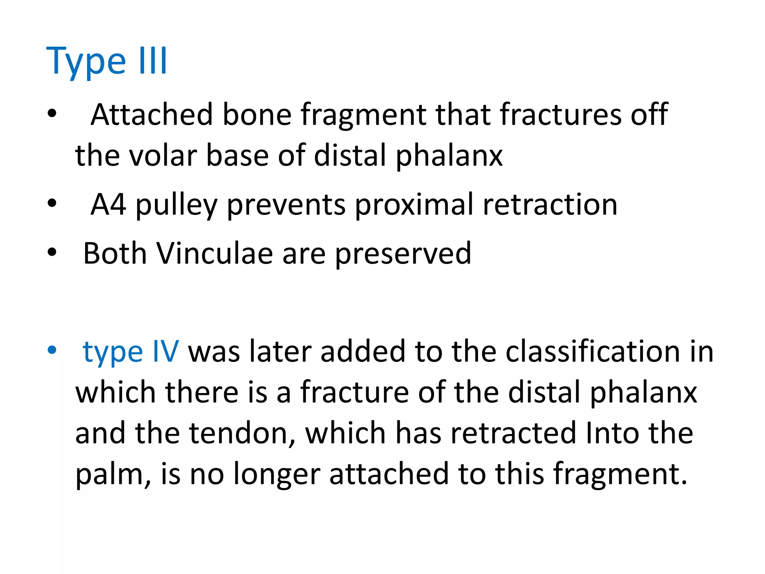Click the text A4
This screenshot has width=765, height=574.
point(108,204)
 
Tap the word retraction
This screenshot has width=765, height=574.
point(550,204)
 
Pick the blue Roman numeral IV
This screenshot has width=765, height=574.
point(165,351)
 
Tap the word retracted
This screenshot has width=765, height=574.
point(513,433)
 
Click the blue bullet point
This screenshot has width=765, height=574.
point(52,351)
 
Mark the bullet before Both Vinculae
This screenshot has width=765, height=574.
point(52,253)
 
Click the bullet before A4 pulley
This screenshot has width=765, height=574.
point(52,204)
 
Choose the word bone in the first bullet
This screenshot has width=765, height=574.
point(257,114)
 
